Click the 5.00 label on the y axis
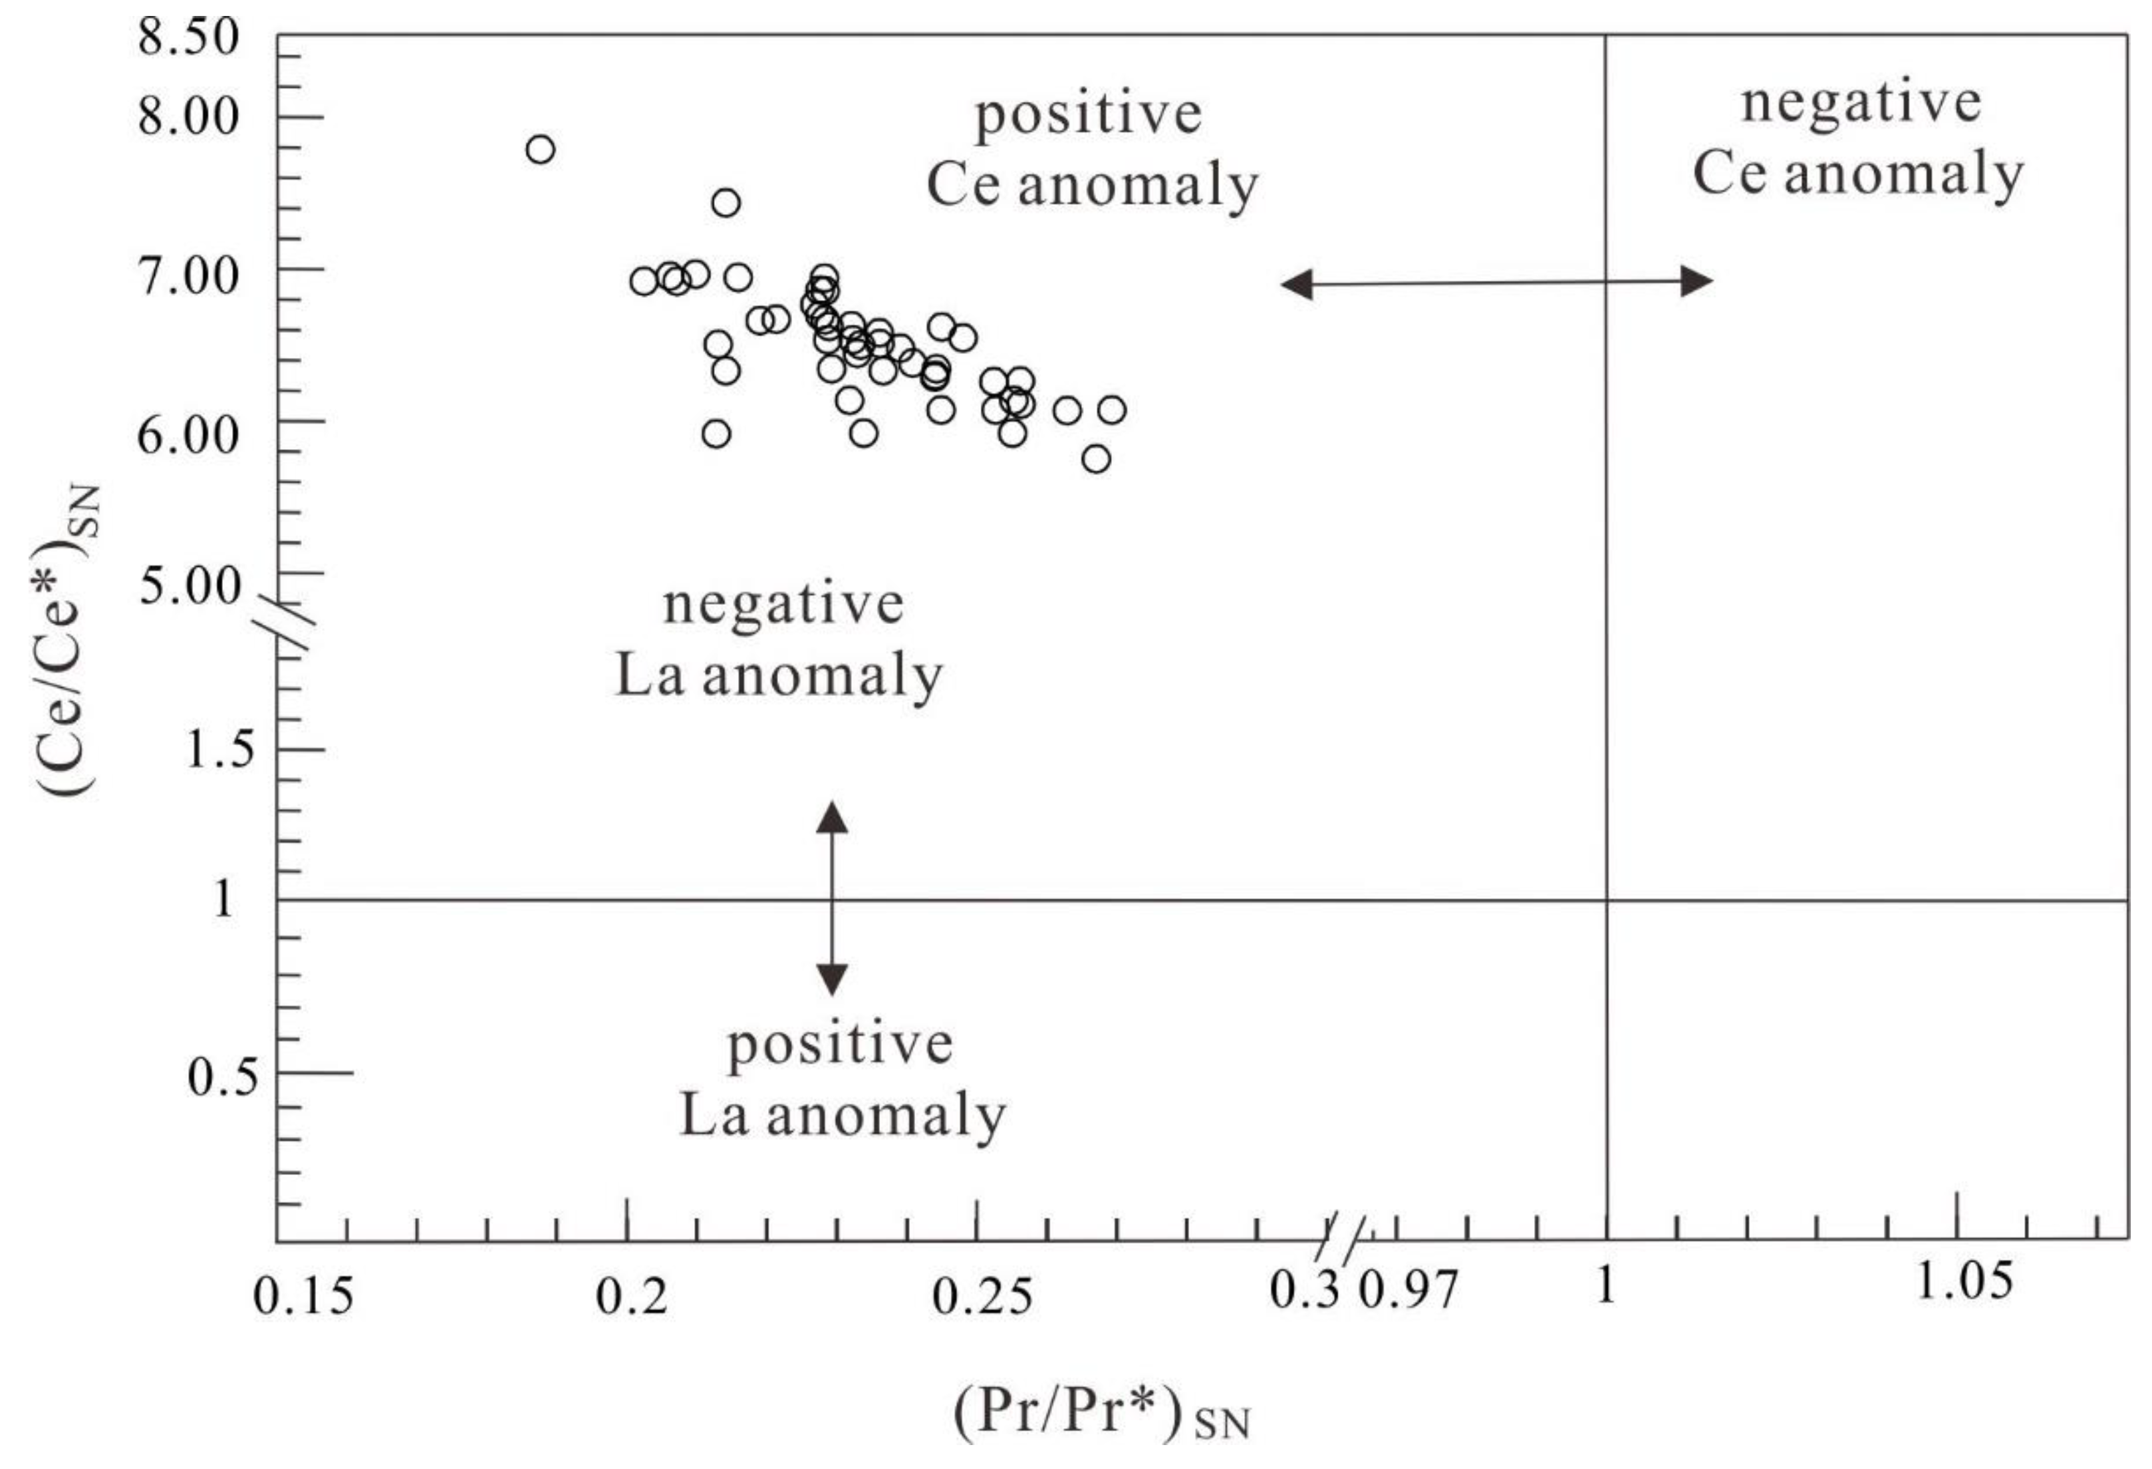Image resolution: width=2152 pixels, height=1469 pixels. click(x=190, y=585)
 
